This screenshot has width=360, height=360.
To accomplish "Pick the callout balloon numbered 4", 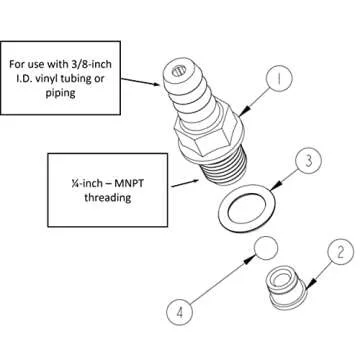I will (x=181, y=311).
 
